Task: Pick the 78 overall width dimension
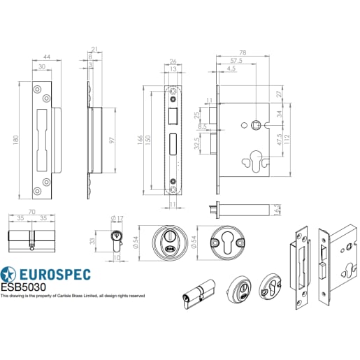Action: coord(243,52)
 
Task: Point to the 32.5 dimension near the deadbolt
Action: coord(199,145)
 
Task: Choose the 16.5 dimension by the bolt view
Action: coord(278,209)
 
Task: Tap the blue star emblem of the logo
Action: coord(9,274)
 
